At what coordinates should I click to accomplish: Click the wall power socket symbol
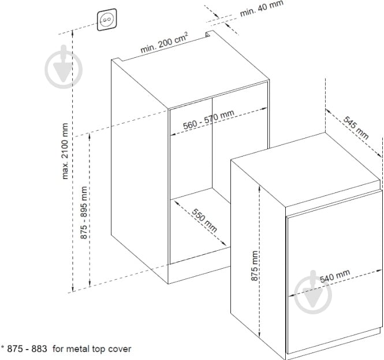coord(107,20)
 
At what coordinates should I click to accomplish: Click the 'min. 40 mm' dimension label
coord(262,9)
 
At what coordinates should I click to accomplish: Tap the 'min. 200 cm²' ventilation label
coord(165,43)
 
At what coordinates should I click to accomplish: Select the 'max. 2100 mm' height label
coord(65,151)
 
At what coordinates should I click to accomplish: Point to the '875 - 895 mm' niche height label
coord(84,213)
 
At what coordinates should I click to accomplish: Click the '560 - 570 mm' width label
coord(208,120)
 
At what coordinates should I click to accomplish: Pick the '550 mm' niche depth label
coord(204,220)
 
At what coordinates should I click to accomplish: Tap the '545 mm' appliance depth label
coord(356,128)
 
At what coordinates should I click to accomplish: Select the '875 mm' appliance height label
coord(255,266)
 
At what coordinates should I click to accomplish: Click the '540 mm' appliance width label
coord(335,276)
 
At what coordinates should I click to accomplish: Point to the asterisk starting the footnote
coord(3,347)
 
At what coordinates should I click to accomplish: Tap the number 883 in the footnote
coord(39,348)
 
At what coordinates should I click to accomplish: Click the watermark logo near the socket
coord(64,66)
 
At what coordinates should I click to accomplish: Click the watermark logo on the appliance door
coord(313,292)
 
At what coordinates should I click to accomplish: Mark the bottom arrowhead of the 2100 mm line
coord(73,288)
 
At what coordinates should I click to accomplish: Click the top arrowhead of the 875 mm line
coord(260,187)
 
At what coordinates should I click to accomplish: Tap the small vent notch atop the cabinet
coord(208,35)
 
